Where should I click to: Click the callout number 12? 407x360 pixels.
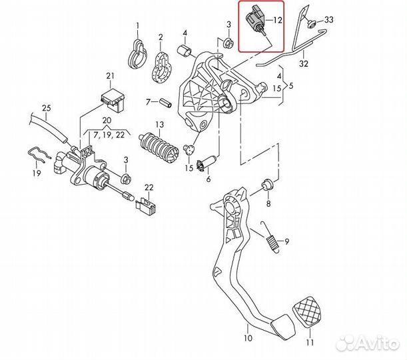(277, 20)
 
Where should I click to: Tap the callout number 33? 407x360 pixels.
(329, 21)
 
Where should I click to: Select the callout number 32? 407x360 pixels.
(304, 65)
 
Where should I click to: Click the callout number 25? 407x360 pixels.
(45, 108)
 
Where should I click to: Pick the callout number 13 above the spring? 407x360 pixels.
(159, 125)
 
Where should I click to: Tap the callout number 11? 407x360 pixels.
(308, 343)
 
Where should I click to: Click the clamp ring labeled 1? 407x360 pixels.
(137, 55)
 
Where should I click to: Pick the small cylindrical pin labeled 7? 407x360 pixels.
(165, 103)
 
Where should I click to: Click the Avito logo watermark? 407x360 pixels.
(367, 343)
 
